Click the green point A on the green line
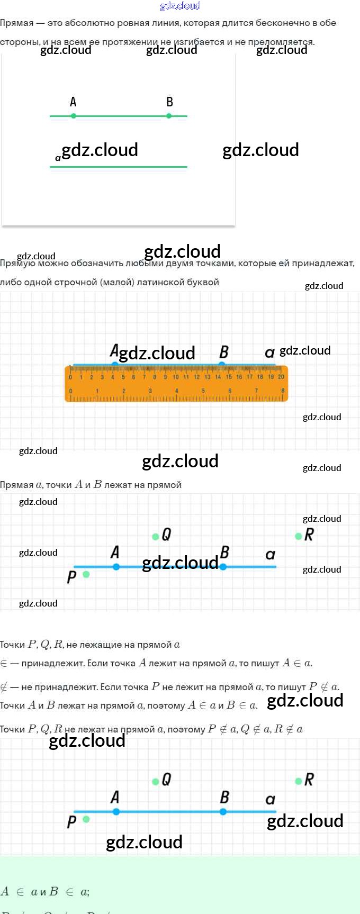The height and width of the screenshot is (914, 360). tap(74, 116)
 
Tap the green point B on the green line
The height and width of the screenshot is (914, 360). tap(169, 116)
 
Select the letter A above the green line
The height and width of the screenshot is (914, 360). tap(73, 102)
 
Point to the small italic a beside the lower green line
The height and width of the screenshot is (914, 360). tap(58, 158)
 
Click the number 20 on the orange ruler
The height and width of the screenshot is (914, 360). tap(281, 377)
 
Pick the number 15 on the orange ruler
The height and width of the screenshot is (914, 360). tap(229, 377)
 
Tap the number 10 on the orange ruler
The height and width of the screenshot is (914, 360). tap(175, 377)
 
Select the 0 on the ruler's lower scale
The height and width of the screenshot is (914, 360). tap(71, 391)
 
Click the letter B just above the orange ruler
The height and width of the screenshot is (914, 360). tap(224, 352)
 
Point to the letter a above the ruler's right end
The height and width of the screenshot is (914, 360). tap(269, 352)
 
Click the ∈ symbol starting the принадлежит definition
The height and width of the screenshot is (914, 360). tap(4, 663)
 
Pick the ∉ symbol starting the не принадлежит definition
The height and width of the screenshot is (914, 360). tap(4, 687)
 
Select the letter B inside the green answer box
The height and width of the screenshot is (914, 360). tap(53, 892)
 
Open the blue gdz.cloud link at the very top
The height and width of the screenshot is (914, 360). tap(180, 6)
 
